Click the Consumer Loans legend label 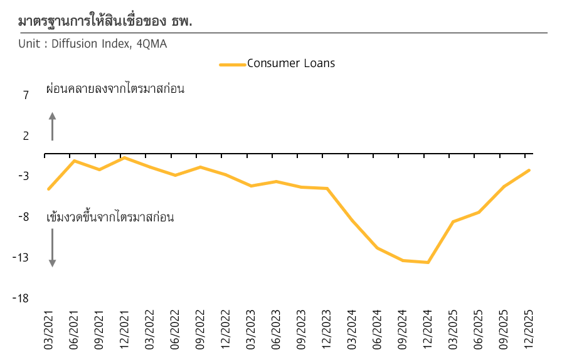coord(291,63)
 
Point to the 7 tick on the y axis coord(26,95)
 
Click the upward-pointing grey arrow coord(53,126)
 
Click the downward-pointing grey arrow coord(53,248)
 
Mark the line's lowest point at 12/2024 coord(428,262)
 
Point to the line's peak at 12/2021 coord(124,157)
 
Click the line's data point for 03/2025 coord(453,221)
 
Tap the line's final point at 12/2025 coord(529,170)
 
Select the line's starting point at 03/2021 coord(48,189)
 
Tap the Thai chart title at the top coord(105,21)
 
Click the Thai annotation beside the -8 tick coord(110,218)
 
